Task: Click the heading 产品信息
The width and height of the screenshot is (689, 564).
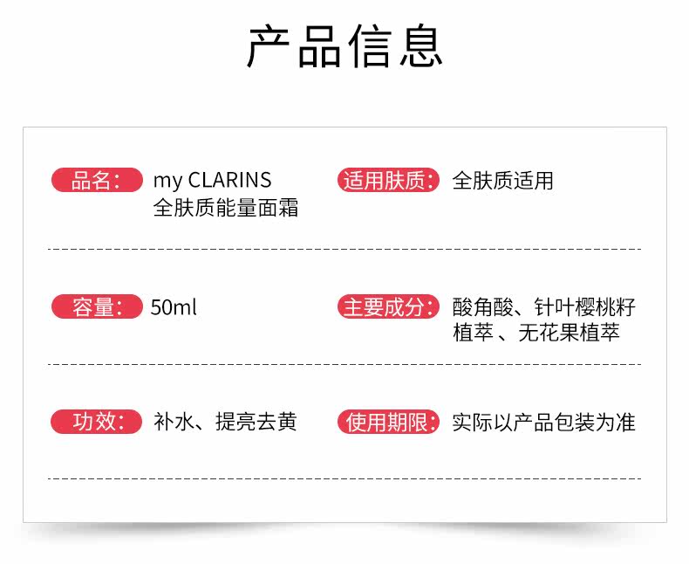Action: click(344, 47)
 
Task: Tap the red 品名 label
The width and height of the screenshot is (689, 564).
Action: click(96, 181)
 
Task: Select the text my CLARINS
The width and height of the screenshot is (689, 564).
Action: click(212, 181)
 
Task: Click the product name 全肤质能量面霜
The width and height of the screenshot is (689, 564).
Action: click(225, 209)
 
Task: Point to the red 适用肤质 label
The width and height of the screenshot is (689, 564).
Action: click(387, 181)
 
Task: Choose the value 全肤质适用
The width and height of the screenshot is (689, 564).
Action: click(502, 182)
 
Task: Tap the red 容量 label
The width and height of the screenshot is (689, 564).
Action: click(96, 307)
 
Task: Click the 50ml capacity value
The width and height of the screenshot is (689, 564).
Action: click(174, 308)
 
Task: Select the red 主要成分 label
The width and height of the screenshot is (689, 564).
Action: click(387, 307)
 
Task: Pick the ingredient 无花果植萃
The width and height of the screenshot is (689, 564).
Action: click(569, 333)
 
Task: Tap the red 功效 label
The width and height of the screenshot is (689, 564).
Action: click(96, 422)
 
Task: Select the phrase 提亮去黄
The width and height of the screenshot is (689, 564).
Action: click(256, 422)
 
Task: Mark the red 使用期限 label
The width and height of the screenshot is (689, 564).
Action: click(387, 423)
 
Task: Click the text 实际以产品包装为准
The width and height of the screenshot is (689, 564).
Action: click(543, 423)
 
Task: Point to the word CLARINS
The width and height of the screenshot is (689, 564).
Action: click(229, 181)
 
